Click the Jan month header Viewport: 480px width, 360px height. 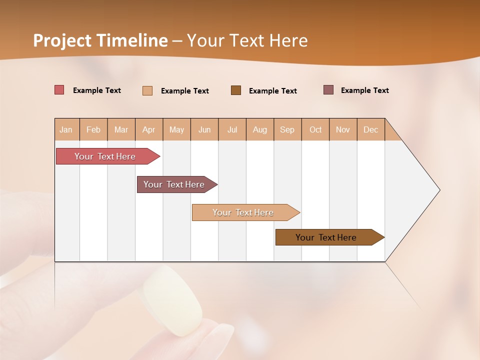click(x=66, y=129)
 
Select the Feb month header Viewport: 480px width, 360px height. click(x=93, y=129)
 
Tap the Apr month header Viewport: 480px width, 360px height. click(x=149, y=129)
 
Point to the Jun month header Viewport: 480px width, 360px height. click(x=204, y=129)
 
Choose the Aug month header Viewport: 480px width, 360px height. click(x=260, y=129)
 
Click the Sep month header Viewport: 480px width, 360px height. click(x=287, y=129)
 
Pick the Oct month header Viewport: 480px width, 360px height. click(x=315, y=129)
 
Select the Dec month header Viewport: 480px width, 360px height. click(x=371, y=129)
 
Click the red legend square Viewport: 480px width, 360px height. click(x=59, y=90)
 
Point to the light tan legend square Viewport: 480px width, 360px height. click(x=147, y=90)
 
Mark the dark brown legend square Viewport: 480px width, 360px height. click(x=236, y=90)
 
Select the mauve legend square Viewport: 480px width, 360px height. click(x=328, y=90)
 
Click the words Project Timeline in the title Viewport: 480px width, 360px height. click(x=100, y=40)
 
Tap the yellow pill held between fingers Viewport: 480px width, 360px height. click(x=172, y=300)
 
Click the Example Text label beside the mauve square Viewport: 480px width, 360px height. click(x=365, y=90)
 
